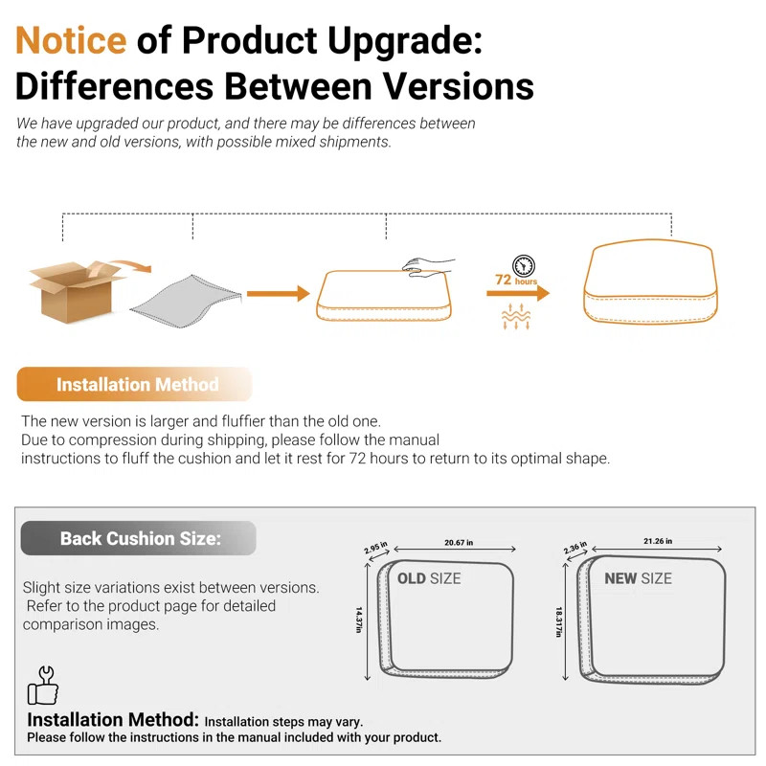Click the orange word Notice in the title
(x=71, y=40)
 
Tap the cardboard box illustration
(x=74, y=292)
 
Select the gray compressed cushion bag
(x=186, y=302)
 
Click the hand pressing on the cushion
(x=427, y=267)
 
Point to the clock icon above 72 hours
(x=523, y=266)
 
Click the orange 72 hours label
(x=516, y=280)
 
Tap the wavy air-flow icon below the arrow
(x=516, y=316)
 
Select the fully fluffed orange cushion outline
(x=650, y=282)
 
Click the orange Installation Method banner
(x=134, y=385)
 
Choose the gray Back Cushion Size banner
(x=138, y=538)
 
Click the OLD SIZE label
(x=429, y=579)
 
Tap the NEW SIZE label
(x=638, y=579)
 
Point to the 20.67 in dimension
(x=459, y=542)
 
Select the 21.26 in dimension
(x=658, y=541)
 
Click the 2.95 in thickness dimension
(x=375, y=548)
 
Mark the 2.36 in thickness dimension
(x=575, y=548)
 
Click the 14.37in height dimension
(x=359, y=620)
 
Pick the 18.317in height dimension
(x=559, y=621)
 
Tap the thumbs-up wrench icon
(x=43, y=686)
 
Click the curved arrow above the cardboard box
(x=130, y=265)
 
